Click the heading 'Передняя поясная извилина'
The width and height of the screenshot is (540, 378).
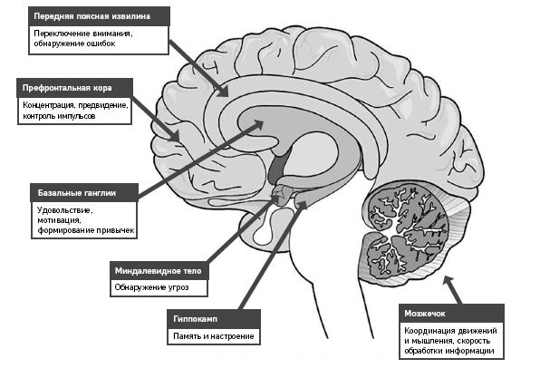92,16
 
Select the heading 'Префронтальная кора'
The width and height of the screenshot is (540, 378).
67,88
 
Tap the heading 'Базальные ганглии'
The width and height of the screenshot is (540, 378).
76,192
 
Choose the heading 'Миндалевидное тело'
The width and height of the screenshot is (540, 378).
158,271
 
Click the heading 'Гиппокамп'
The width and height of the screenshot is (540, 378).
196,319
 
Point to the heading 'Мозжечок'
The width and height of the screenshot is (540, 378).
425,314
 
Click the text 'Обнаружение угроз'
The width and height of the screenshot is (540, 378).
151,287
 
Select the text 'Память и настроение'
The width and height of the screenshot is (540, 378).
214,336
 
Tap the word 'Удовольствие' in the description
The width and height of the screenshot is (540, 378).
64,210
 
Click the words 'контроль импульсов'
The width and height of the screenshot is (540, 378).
59,116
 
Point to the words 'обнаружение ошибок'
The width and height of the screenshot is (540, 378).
74,44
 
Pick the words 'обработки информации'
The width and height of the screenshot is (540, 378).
449,351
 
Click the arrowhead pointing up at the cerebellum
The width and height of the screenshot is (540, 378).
448,280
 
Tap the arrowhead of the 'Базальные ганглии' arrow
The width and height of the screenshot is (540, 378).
257,124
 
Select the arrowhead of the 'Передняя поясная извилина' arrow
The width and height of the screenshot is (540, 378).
223,91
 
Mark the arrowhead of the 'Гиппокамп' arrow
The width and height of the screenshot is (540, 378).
302,206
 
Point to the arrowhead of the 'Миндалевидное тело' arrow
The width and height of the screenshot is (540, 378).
276,199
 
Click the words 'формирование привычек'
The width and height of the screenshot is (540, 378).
86,230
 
